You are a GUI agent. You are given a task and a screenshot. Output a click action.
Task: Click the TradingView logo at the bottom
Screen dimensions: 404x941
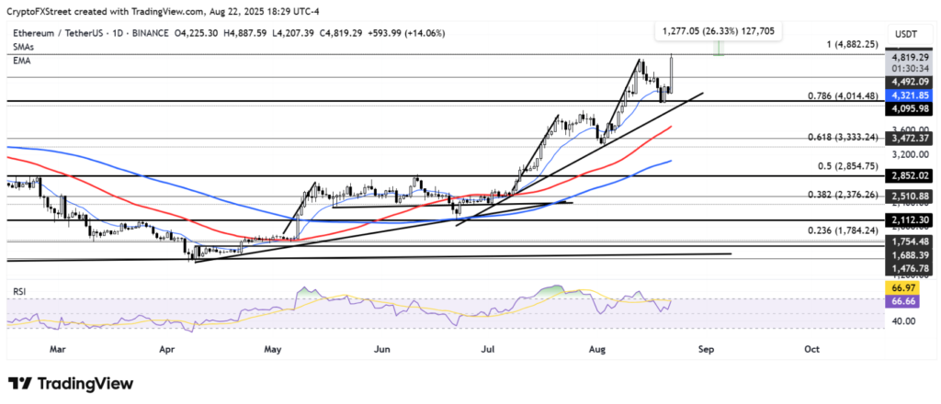[71, 383]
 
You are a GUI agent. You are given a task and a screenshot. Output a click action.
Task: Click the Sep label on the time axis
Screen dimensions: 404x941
[706, 349]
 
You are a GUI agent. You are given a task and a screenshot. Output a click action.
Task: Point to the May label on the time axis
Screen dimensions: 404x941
[273, 349]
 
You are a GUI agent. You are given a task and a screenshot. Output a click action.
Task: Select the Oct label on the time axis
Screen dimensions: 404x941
[811, 349]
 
